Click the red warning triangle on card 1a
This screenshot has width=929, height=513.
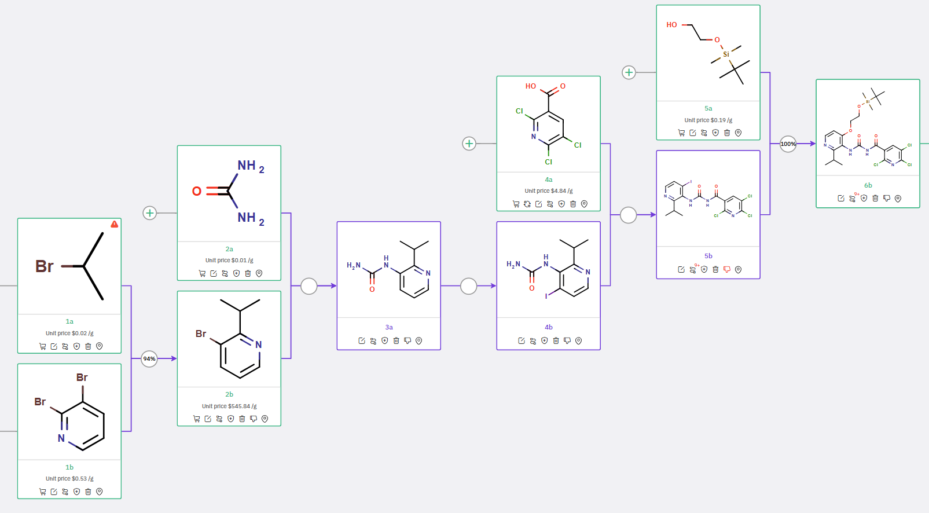115,224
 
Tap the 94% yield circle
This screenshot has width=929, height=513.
149,359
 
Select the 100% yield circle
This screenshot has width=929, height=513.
788,144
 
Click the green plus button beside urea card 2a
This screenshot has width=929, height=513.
149,213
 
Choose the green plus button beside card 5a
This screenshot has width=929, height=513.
629,72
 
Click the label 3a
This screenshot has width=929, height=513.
389,327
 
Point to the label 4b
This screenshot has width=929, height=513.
549,327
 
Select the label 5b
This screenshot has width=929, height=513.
708,256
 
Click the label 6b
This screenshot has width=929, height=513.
868,185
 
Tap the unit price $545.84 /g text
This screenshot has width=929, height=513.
229,406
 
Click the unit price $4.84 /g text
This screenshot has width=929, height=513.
549,191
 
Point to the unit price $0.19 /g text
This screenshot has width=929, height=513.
708,120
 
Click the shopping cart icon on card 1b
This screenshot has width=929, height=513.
42,492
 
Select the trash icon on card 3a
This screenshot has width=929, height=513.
396,340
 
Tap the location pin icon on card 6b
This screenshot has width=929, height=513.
898,198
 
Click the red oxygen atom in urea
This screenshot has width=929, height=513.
197,191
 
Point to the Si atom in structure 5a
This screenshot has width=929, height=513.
726,54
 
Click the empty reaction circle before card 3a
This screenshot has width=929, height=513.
309,286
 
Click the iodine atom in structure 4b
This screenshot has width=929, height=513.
546,296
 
